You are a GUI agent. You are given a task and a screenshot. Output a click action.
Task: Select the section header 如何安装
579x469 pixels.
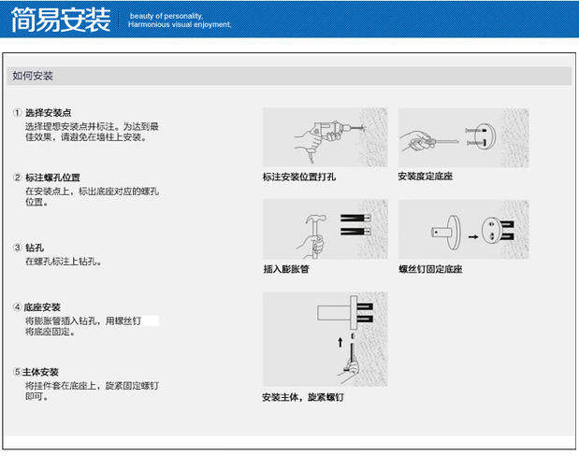point(33,76)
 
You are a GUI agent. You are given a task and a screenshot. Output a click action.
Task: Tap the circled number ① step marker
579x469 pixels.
point(17,113)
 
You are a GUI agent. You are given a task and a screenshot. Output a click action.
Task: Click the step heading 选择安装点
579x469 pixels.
point(50,113)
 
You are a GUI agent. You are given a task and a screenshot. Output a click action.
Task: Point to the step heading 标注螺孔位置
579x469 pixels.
point(52,178)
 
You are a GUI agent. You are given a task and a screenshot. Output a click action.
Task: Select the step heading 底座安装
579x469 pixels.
point(43,306)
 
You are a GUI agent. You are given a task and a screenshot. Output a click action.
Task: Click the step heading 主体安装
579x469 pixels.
point(43,372)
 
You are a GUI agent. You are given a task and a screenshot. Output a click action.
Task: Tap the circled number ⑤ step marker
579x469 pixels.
point(17,372)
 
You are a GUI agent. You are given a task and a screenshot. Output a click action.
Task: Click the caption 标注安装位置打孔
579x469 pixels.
point(299,176)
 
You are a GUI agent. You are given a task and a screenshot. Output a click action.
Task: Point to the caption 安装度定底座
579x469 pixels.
point(425,176)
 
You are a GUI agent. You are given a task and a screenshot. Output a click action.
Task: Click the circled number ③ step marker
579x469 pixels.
point(17,248)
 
